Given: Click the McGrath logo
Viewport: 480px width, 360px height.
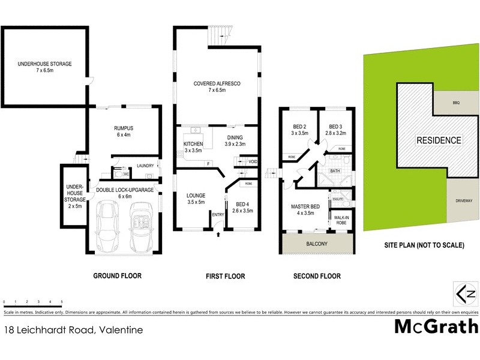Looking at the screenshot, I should (436, 326).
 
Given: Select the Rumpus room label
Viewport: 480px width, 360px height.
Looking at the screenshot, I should (123, 131).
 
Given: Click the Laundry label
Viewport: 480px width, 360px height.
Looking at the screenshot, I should (145, 166).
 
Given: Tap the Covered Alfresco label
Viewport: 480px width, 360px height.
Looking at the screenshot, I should (217, 87).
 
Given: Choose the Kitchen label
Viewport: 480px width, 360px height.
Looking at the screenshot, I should (193, 147).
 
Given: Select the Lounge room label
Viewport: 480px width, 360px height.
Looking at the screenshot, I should (196, 199).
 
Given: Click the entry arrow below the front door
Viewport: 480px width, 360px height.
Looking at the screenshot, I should (218, 235).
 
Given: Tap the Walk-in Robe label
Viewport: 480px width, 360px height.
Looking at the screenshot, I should (341, 220).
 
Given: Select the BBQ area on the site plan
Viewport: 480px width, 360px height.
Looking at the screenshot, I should (456, 103).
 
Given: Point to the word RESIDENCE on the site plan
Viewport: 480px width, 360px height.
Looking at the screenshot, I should (439, 140).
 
